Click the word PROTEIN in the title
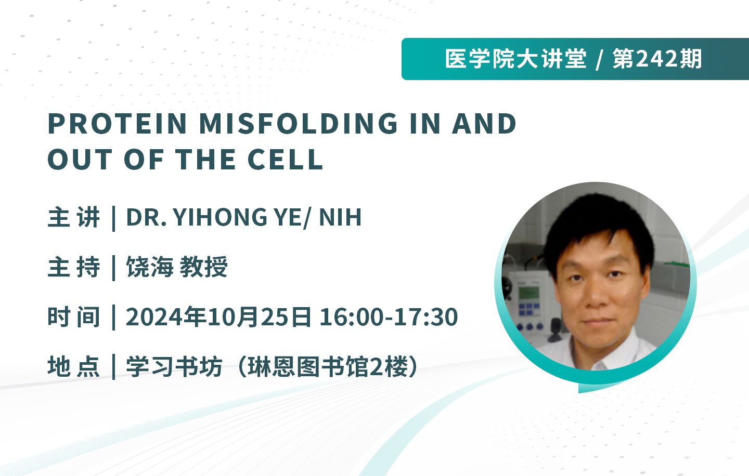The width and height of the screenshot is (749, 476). click(x=118, y=124)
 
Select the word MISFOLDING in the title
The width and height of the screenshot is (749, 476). click(x=298, y=124)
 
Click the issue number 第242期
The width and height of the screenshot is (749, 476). click(x=657, y=59)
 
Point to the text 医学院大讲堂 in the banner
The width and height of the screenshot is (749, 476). click(x=515, y=59)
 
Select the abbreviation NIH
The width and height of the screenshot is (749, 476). click(x=340, y=217)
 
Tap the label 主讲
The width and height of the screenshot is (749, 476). click(x=74, y=217)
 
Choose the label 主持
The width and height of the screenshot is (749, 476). click(x=74, y=267)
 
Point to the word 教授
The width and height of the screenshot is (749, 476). click(x=204, y=267)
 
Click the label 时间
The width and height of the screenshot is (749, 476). click(x=74, y=316)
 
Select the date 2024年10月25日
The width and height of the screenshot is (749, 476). click(x=218, y=316)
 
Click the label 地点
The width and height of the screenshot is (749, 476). click(x=74, y=366)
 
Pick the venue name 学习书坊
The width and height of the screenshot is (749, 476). click(x=174, y=366)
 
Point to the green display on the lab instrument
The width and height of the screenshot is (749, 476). click(x=528, y=294)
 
